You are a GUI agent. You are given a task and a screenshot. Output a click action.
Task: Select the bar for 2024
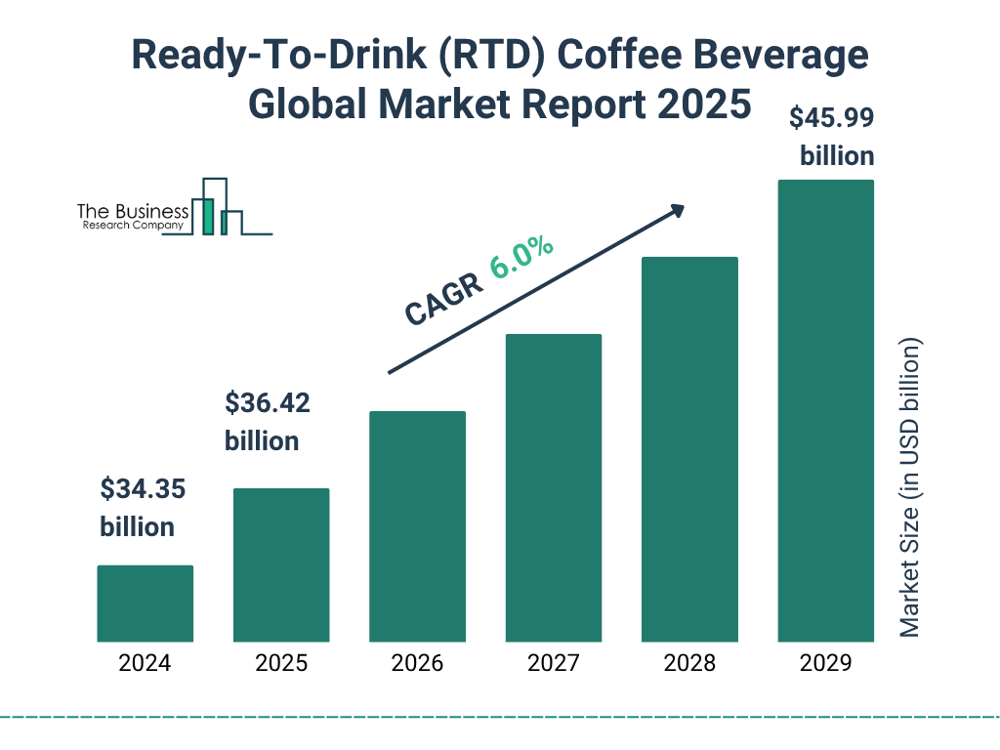click(x=145, y=604)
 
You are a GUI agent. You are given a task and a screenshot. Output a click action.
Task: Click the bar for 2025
click(x=281, y=564)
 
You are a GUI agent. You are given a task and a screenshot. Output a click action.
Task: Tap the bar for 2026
click(x=417, y=526)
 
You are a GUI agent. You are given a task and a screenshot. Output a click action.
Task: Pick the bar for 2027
click(x=553, y=487)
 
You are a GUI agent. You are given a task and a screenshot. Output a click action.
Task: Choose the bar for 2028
click(x=689, y=449)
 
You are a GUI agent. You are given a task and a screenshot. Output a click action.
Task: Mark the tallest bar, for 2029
click(x=825, y=410)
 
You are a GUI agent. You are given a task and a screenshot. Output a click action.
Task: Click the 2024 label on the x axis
click(x=145, y=664)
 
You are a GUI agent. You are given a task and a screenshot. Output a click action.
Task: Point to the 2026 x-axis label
click(x=417, y=664)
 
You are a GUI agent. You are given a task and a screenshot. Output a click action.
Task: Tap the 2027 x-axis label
click(x=553, y=664)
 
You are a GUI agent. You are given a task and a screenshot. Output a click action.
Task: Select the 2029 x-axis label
click(x=825, y=664)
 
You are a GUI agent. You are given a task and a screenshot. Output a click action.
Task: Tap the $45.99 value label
click(x=831, y=118)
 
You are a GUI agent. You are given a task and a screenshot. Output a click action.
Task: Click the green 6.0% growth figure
click(x=522, y=256)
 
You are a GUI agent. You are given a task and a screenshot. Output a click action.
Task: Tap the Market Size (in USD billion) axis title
click(x=910, y=488)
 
